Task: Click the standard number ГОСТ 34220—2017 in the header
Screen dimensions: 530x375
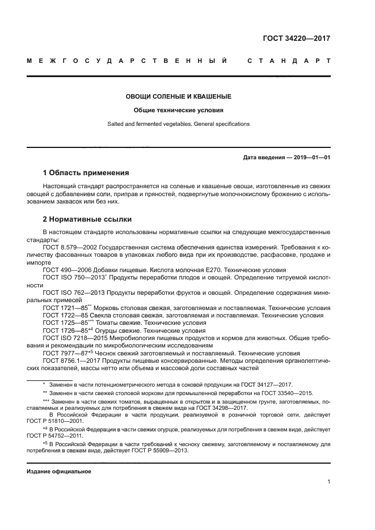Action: click(x=296, y=39)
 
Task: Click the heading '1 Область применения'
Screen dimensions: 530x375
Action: click(x=86, y=172)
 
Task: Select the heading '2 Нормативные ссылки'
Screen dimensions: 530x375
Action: click(x=87, y=218)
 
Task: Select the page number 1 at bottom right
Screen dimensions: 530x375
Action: click(x=328, y=482)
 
